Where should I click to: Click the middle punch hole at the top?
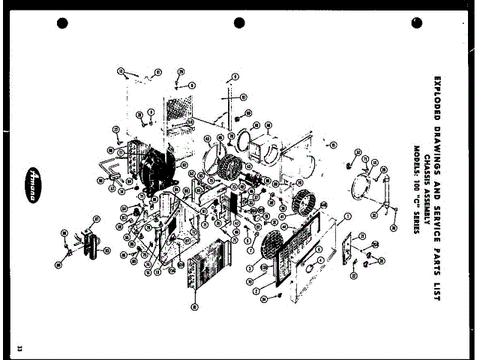click(x=240, y=23)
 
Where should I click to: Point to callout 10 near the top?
click(x=243, y=98)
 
